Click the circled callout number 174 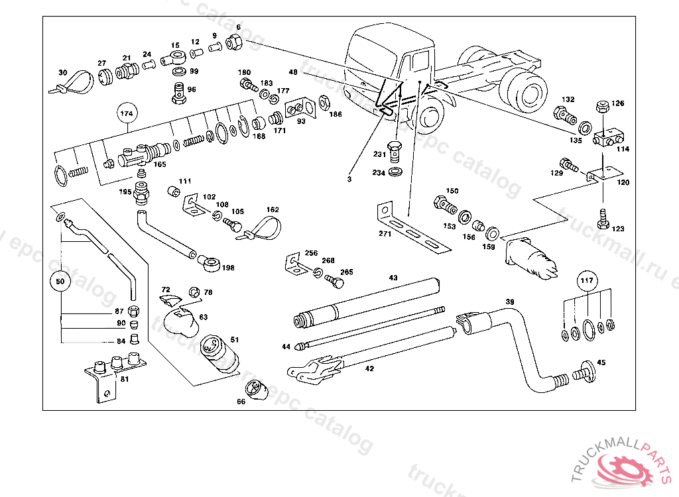[x=126, y=114]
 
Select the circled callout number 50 [x=60, y=281]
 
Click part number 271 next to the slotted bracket [x=385, y=233]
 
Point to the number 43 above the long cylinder [x=393, y=278]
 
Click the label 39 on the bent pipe [x=510, y=302]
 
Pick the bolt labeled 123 [x=603, y=218]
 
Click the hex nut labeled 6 [x=234, y=42]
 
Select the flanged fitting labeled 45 [x=584, y=371]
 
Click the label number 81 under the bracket [x=124, y=379]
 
